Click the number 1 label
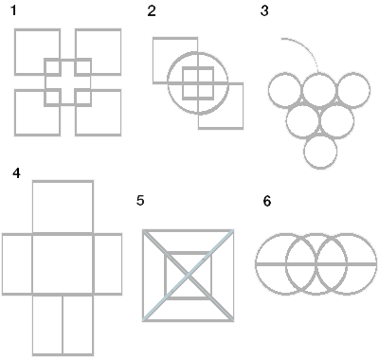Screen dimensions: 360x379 point(12,12)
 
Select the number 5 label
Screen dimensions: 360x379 point(140,200)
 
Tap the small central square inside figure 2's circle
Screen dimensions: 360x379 point(198,83)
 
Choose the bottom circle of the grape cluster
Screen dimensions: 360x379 point(320,151)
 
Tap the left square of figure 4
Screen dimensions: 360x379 point(17,262)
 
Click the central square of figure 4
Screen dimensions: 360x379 point(63,262)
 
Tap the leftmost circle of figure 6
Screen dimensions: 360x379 point(283,262)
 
